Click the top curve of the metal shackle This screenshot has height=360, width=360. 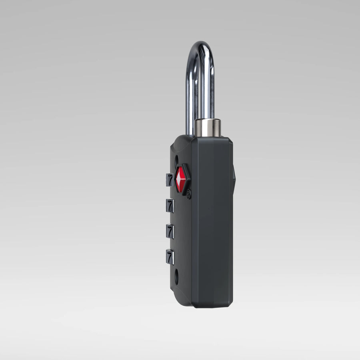200,45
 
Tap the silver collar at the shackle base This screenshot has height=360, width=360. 207,127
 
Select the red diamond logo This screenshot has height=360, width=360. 181,179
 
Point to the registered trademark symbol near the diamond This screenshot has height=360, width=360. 189,195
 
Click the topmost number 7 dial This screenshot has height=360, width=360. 170,180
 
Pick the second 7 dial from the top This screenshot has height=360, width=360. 170,206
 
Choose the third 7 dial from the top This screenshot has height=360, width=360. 170,232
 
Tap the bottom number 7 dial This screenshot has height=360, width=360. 170,257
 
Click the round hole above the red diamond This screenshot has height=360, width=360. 177,160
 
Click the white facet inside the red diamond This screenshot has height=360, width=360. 178,180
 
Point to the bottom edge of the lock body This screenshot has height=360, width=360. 212,306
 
